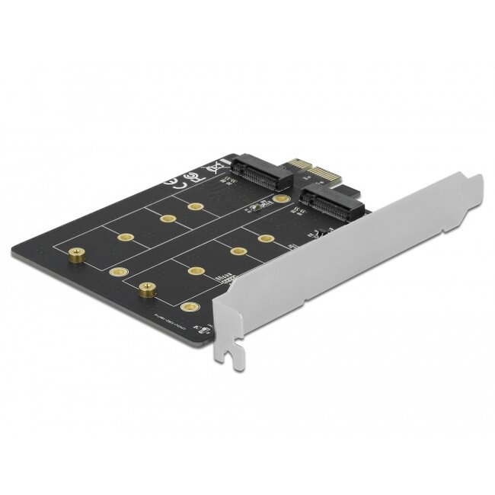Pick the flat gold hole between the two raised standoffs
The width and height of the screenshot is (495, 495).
pyautogui.click(x=115, y=270)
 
